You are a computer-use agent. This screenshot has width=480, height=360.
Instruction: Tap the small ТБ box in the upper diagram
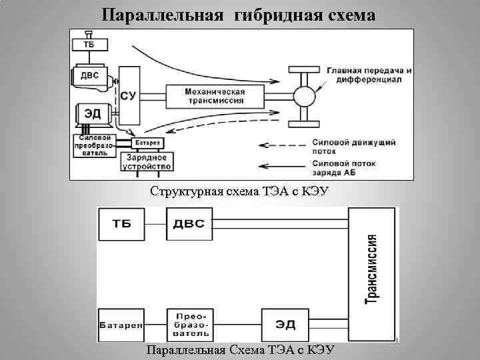point(88,45)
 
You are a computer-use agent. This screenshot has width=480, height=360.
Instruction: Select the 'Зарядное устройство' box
point(146,161)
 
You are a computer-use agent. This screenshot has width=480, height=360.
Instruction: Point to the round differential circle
point(303,96)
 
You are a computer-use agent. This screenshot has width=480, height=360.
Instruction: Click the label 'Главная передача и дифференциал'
point(369,75)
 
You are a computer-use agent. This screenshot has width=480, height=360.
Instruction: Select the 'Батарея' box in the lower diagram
point(121,325)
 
